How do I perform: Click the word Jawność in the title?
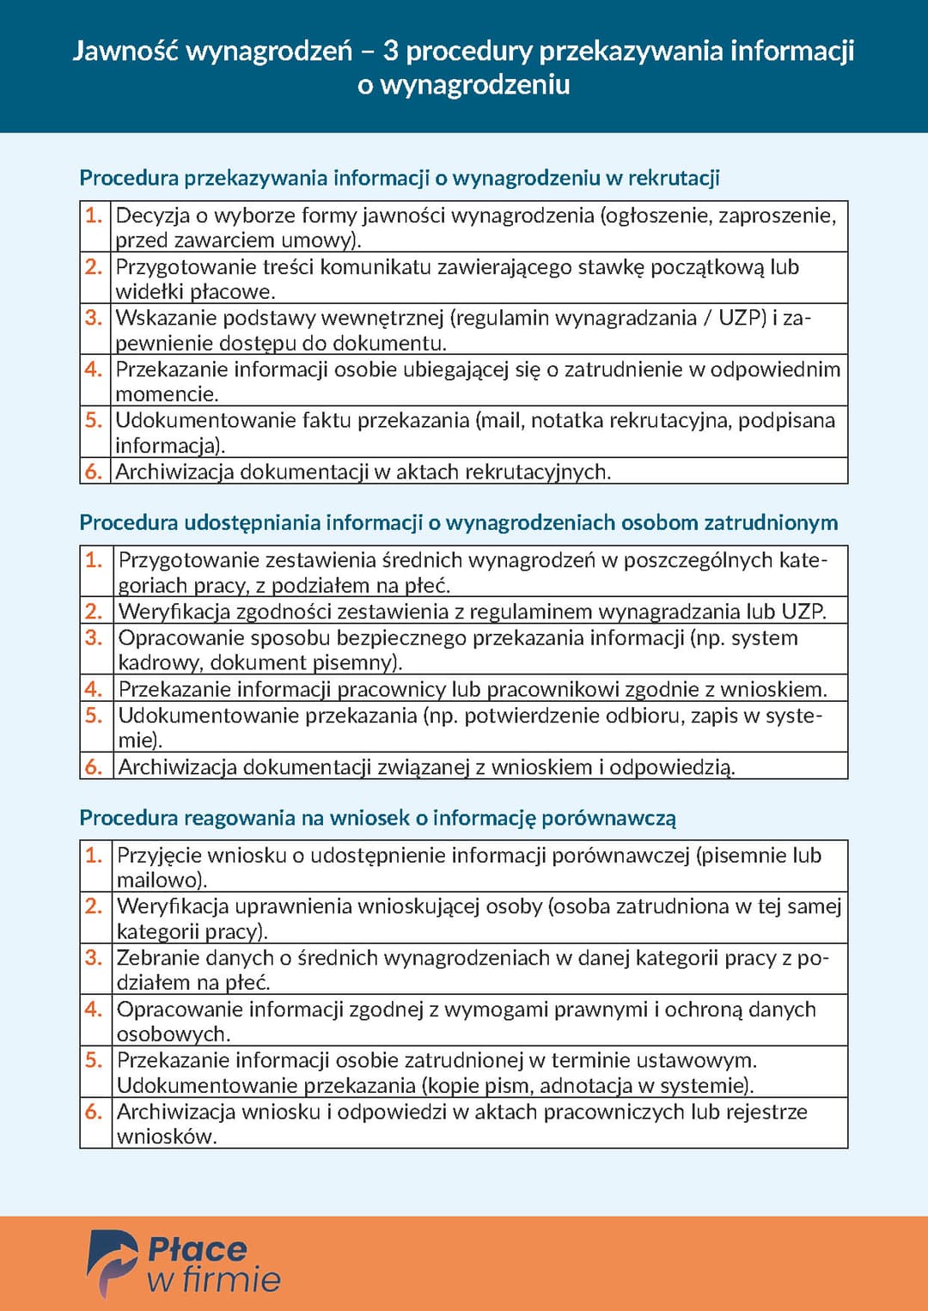125,52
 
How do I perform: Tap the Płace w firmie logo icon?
112,1262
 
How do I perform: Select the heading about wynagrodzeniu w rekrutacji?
399,178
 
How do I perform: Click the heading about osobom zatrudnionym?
458,522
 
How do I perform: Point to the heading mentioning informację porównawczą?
377,817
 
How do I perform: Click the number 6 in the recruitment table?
93,471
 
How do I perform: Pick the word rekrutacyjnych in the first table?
536,472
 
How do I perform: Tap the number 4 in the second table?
93,689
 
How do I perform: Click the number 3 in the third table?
93,957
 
